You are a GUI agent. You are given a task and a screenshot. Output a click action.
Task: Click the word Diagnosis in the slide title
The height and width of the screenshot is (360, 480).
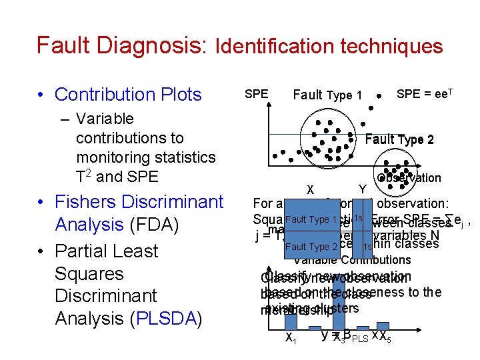pos(147,45)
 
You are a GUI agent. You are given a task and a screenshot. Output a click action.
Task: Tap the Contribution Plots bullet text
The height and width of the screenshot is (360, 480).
pos(128,95)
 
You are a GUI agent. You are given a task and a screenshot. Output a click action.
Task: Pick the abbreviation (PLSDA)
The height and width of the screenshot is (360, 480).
pos(167,319)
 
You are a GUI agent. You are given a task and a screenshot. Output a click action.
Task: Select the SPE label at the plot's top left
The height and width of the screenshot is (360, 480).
pos(257,94)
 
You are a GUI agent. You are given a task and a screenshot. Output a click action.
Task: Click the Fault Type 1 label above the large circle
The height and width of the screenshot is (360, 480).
pos(327,95)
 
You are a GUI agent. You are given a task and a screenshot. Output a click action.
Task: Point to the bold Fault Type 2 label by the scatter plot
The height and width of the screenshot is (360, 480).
pos(399,139)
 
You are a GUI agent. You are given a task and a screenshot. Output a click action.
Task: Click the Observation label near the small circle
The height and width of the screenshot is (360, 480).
pos(409,178)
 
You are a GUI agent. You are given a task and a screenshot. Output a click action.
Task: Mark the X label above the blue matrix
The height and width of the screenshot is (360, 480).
pos(310,189)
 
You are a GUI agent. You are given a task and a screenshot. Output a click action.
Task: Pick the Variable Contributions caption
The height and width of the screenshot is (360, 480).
pos(352,260)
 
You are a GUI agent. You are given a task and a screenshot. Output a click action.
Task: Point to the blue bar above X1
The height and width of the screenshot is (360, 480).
pos(291,320)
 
